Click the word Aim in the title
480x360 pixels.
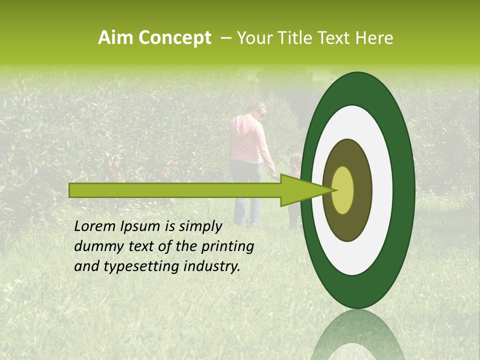(x=115, y=38)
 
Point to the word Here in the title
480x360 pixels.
(x=374, y=38)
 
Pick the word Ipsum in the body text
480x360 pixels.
(x=140, y=226)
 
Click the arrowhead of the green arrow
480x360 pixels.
(x=305, y=190)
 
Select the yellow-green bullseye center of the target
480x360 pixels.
(x=343, y=190)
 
